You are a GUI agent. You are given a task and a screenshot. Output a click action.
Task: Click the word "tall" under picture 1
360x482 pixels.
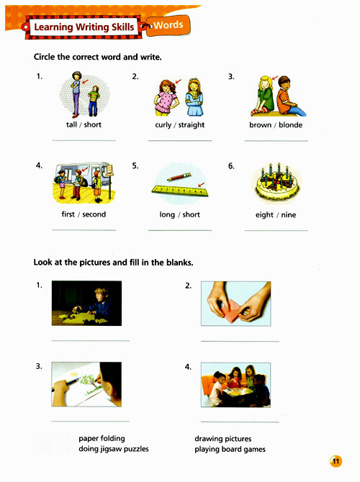click(x=71, y=124)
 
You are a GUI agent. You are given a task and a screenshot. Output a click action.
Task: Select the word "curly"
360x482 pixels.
click(x=163, y=125)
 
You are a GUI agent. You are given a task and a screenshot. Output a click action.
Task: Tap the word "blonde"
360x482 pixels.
click(x=290, y=124)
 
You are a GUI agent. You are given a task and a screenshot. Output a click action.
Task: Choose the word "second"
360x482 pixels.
click(x=94, y=214)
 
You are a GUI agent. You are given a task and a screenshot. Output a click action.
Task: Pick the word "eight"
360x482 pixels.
click(x=264, y=215)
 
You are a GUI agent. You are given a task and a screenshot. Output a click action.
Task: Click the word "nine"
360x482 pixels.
click(x=288, y=215)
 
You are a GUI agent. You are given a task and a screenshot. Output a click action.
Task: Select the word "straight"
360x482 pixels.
click(x=192, y=125)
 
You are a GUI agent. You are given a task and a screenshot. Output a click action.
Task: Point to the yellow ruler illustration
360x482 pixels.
click(x=180, y=191)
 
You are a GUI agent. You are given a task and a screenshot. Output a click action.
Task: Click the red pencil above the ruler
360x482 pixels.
click(x=179, y=177)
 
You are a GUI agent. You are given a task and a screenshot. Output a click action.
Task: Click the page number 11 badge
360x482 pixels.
click(x=336, y=461)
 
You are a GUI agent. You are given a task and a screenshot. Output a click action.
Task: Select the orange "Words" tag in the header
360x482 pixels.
click(x=168, y=25)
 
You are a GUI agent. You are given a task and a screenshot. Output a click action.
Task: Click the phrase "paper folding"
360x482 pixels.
click(x=102, y=439)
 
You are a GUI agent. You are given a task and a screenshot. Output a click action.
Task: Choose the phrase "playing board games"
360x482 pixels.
click(x=230, y=450)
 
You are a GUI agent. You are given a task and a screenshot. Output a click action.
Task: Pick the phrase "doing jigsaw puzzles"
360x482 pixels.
click(x=114, y=449)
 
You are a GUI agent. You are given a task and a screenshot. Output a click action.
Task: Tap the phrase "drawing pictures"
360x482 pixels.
click(x=223, y=439)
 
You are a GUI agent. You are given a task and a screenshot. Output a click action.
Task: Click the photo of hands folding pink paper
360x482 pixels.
click(x=236, y=304)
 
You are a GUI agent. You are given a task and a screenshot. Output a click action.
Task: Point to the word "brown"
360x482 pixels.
click(x=261, y=124)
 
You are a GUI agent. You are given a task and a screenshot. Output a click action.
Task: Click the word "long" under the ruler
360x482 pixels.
click(x=167, y=215)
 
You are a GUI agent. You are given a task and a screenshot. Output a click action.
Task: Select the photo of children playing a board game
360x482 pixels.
click(x=235, y=385)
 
